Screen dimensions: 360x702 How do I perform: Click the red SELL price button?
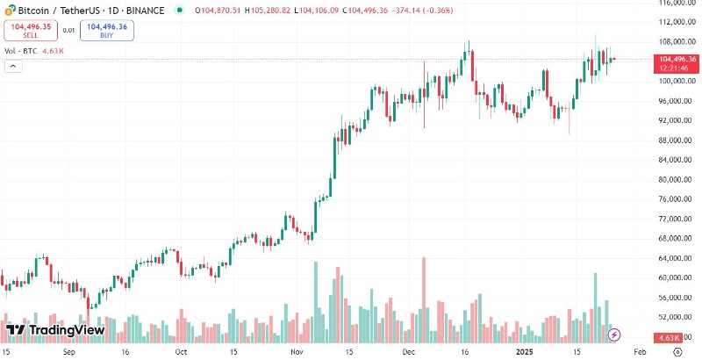click(x=31, y=31)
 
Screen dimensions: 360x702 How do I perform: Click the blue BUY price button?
click(x=108, y=31)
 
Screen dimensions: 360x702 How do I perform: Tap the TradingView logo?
click(x=55, y=330)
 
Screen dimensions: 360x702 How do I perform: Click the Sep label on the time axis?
click(x=72, y=351)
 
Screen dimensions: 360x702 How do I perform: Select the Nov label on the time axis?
click(x=296, y=351)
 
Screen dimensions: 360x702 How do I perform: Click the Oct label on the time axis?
click(x=181, y=351)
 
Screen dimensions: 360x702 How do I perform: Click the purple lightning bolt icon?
click(x=615, y=334)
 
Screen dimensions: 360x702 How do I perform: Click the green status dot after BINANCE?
click(x=179, y=11)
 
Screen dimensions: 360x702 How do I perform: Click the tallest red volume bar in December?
click(x=424, y=299)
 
